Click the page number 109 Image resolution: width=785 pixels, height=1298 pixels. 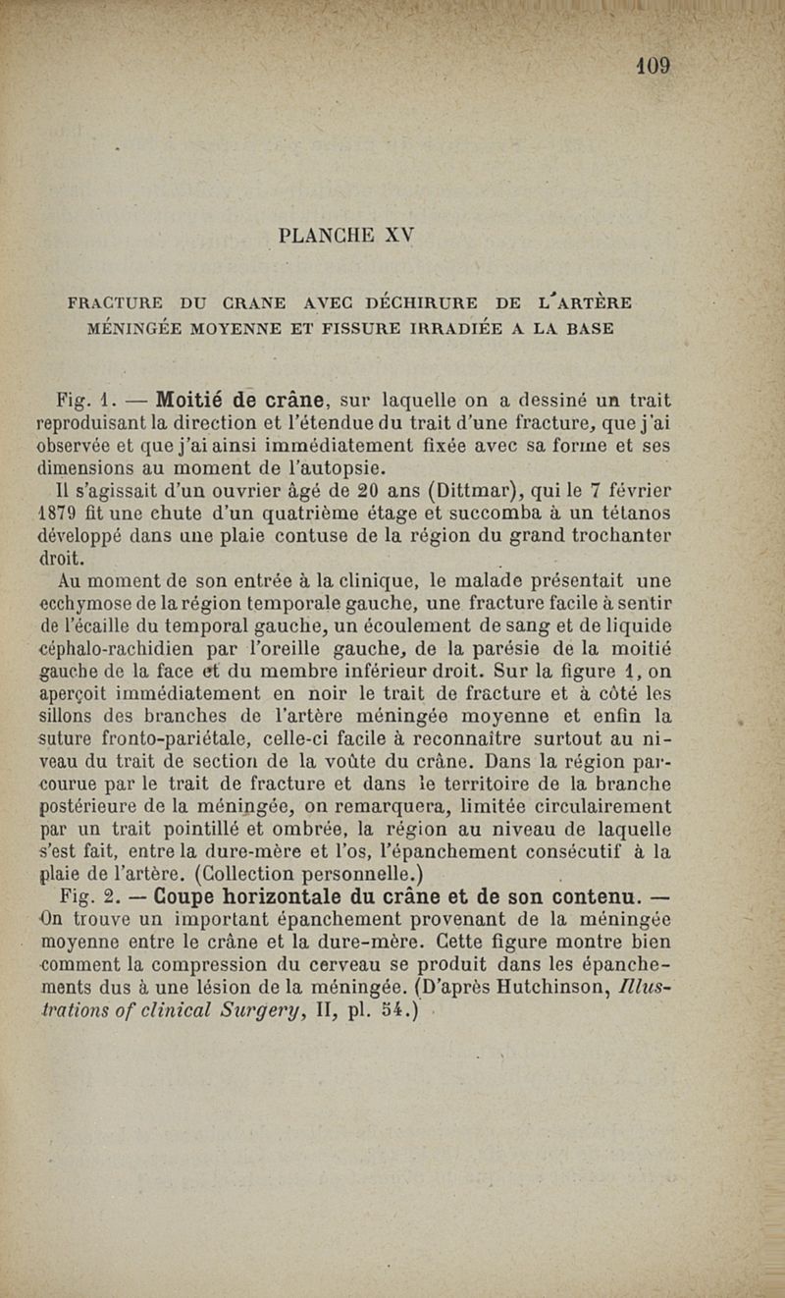[653, 66]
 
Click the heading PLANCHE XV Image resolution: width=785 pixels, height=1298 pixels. [347, 236]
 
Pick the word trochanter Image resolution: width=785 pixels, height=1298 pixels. [619, 535]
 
